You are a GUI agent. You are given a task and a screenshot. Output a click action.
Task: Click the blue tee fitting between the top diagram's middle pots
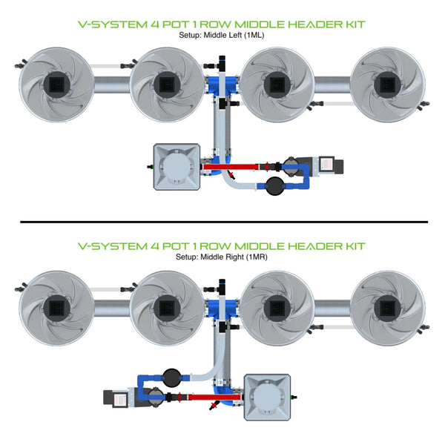(x=222, y=83)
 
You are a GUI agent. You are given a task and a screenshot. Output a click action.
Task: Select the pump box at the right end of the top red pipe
(x=327, y=166)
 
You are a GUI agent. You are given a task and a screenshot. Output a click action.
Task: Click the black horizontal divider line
(x=222, y=221)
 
